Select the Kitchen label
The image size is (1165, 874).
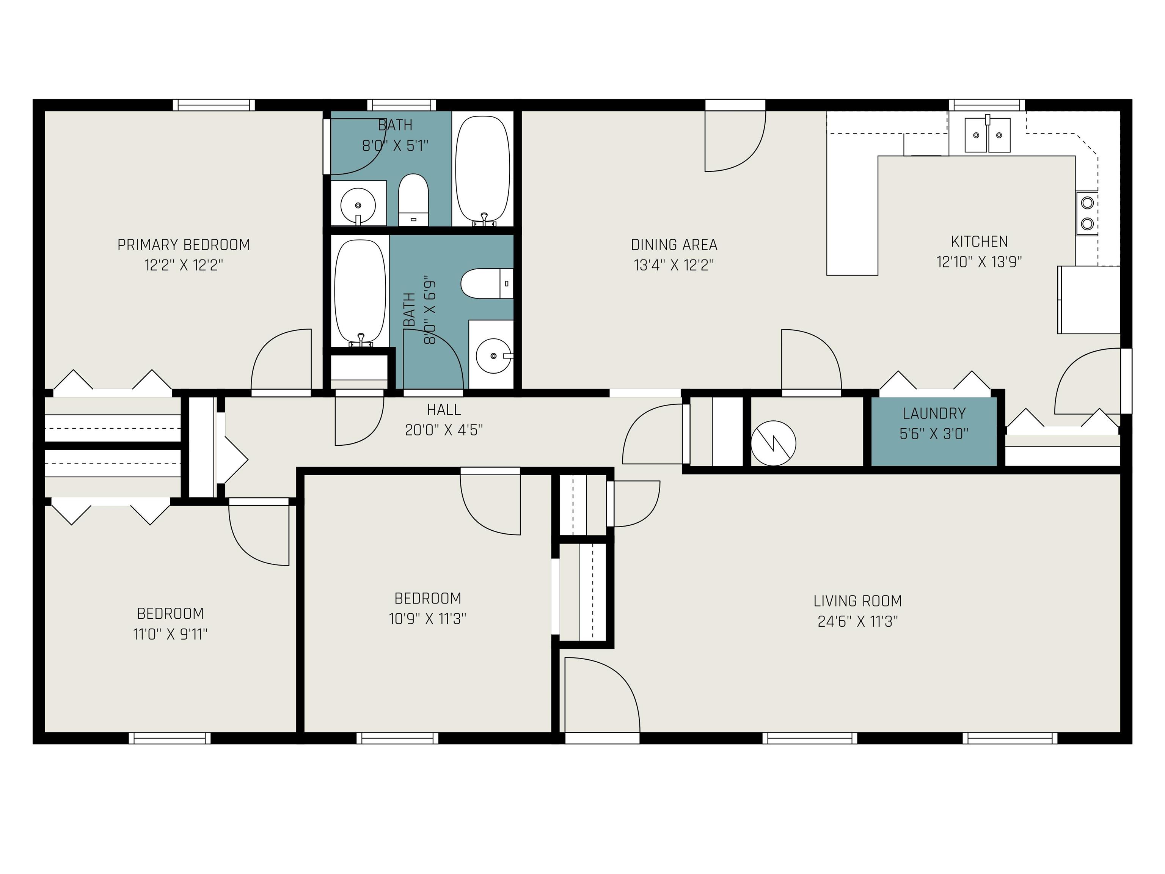click(x=979, y=242)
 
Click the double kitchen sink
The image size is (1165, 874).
click(x=988, y=135)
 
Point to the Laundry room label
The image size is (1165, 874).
click(x=934, y=413)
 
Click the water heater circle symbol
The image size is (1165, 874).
click(x=773, y=443)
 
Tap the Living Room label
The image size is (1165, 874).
click(x=857, y=601)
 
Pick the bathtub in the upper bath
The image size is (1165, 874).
click(x=482, y=170)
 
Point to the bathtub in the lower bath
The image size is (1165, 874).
click(x=361, y=293)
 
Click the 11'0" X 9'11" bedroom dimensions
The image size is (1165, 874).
click(x=170, y=634)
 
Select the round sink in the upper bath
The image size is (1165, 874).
click(x=358, y=204)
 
